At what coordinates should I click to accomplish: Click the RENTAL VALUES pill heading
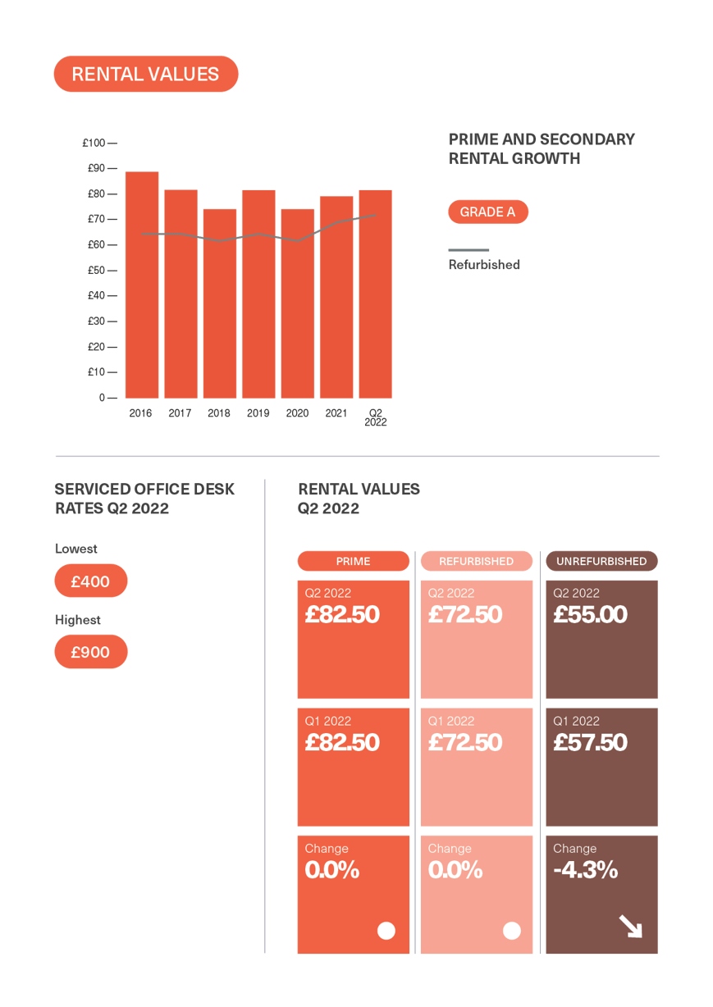[x=145, y=74]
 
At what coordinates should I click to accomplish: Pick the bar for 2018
[x=219, y=303]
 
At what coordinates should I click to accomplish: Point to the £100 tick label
[x=94, y=144]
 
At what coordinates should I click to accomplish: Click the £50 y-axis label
[x=96, y=271]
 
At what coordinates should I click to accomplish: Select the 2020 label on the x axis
[x=297, y=414]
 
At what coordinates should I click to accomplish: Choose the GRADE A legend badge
[x=487, y=212]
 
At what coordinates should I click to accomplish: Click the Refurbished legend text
[x=484, y=265]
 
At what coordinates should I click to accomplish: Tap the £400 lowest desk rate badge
[x=90, y=581]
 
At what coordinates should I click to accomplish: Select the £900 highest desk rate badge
[x=90, y=653]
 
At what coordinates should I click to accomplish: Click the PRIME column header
[x=353, y=562]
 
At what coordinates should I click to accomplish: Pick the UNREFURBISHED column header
[x=601, y=562]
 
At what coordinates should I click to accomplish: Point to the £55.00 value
[x=590, y=615]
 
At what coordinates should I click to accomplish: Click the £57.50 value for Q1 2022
[x=590, y=743]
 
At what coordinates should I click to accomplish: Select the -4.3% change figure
[x=585, y=870]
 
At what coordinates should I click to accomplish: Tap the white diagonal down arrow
[x=630, y=927]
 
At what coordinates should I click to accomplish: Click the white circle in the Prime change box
[x=386, y=931]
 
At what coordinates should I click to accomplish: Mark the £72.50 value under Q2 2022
[x=465, y=615]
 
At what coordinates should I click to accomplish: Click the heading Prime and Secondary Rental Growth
[x=541, y=148]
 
